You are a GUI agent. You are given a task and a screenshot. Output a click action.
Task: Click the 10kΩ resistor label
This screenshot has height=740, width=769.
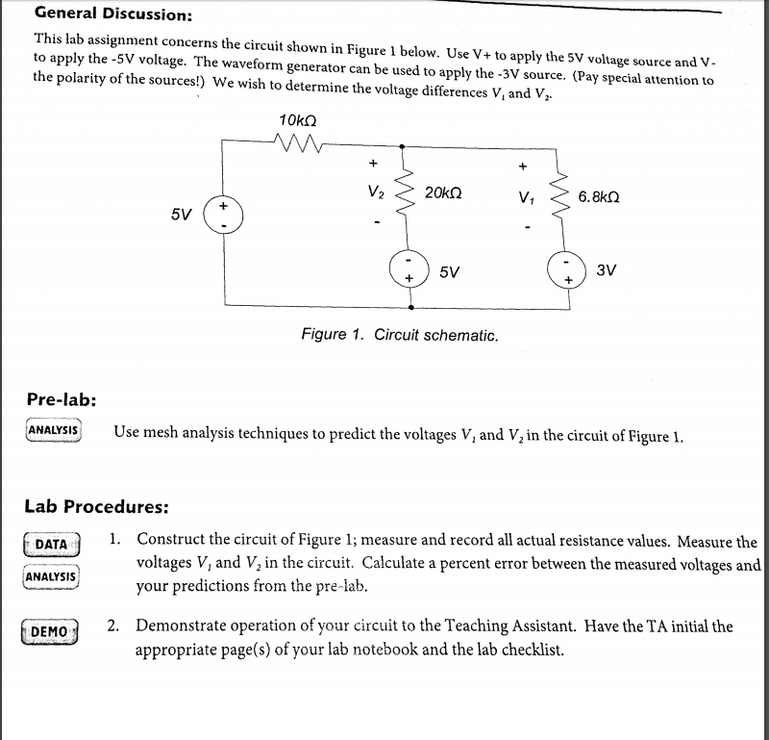point(297,121)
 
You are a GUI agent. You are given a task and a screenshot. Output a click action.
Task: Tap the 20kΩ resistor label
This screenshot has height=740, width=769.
point(442,192)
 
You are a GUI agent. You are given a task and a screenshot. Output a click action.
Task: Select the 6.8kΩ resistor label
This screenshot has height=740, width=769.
point(599,196)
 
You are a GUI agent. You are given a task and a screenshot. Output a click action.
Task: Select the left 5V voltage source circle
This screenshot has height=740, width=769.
point(222,213)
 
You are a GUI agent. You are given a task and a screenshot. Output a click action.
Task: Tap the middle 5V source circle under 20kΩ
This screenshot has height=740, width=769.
point(408,268)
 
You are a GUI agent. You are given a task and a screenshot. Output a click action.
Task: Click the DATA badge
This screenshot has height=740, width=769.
point(51,545)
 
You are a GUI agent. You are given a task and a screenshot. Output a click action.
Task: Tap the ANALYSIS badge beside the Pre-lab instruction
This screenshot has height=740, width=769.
point(54,429)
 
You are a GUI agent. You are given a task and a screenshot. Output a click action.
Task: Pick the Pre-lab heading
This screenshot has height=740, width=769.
point(61,398)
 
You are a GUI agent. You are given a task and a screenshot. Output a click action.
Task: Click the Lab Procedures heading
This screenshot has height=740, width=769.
point(96,506)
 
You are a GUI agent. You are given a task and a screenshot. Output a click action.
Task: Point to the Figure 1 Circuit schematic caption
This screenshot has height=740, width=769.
point(399,335)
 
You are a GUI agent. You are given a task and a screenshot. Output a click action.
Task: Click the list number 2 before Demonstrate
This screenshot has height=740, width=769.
point(113,626)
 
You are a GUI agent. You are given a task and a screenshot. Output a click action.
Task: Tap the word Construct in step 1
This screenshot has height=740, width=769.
point(172,541)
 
